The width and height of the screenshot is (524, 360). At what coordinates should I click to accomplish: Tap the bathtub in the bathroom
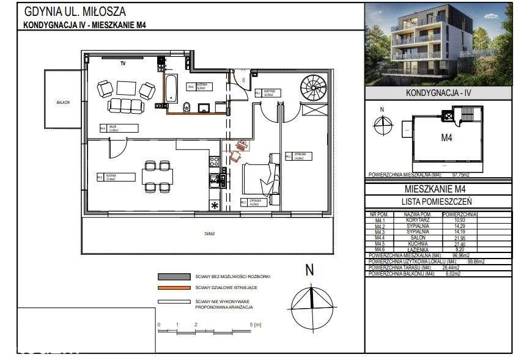tap(171, 88)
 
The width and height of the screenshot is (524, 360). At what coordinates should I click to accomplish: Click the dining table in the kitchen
tap(155, 176)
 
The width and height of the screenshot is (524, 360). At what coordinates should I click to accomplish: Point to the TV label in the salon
tap(123, 64)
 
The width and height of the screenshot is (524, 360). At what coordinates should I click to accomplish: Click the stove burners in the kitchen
tap(215, 162)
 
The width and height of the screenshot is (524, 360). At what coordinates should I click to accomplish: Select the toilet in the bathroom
tap(189, 108)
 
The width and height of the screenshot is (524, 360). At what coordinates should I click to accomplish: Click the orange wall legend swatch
tap(174, 287)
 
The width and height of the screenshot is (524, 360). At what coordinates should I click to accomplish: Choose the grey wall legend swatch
tap(174, 276)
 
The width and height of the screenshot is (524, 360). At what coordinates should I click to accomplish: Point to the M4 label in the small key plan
tap(447, 138)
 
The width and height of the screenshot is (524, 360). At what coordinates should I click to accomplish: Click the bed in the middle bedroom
tap(262, 178)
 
